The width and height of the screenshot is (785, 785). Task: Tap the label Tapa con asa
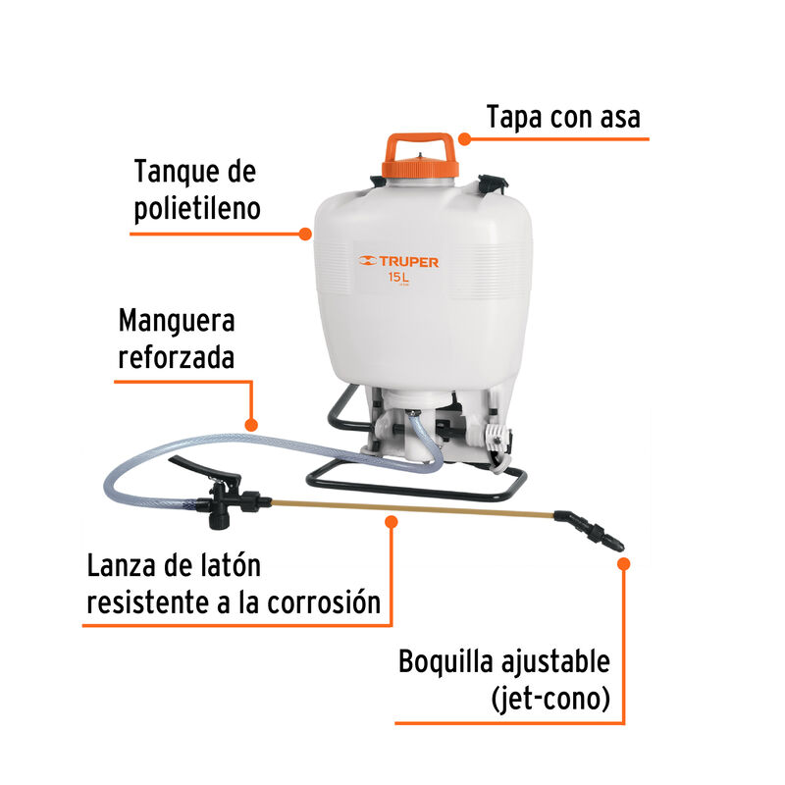[563, 117]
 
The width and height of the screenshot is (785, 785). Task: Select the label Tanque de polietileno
[196, 190]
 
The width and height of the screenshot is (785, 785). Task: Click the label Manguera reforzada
[177, 338]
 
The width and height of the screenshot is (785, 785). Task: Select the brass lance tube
[412, 508]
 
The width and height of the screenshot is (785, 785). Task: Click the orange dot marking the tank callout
[305, 235]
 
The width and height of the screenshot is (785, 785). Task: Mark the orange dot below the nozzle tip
[624, 562]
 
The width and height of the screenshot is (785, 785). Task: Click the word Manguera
[177, 320]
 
